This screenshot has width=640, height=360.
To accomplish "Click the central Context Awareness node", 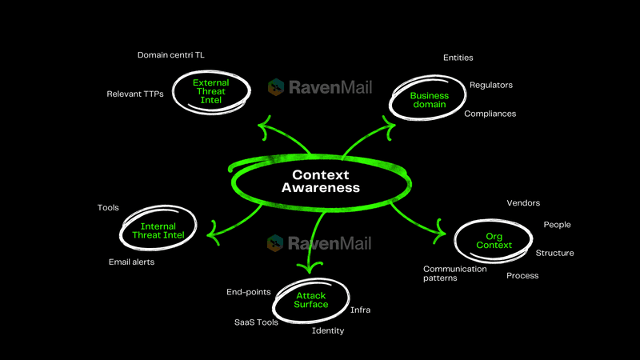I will (320, 182).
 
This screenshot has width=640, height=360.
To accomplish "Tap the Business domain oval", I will (429, 100).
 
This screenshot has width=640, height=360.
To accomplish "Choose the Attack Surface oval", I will (311, 300).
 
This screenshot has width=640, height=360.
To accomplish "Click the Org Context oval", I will (493, 240).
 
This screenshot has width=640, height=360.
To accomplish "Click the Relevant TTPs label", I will (135, 94).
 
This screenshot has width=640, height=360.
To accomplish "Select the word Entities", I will (458, 58).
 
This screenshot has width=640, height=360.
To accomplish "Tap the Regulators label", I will (490, 85).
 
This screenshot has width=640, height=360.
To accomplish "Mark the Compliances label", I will (490, 114).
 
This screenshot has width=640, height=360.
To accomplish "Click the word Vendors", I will (523, 203).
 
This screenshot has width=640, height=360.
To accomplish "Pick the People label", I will (557, 225).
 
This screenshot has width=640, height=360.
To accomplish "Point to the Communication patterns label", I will (454, 274).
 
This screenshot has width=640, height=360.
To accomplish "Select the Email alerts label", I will (131, 262).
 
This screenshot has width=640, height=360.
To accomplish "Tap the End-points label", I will (248, 292).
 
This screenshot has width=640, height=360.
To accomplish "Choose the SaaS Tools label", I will (256, 322).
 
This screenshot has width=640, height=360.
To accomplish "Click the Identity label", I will (328, 330).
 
